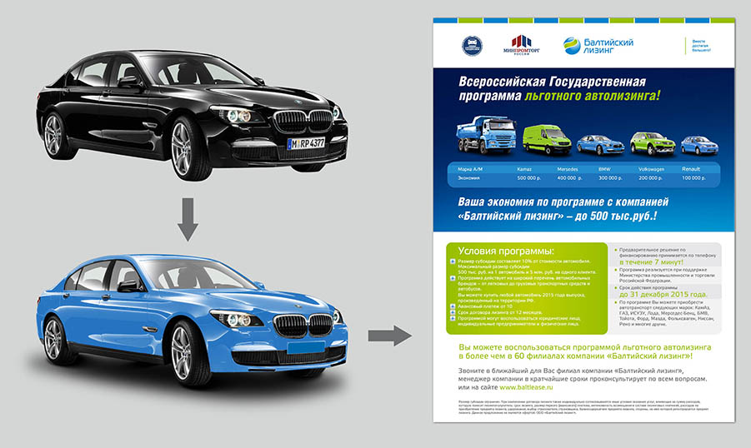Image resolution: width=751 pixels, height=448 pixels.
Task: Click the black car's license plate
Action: [306, 144]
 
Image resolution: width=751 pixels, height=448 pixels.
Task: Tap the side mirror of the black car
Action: [129, 82]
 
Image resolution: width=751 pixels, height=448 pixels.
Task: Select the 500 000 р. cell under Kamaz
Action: [529, 178]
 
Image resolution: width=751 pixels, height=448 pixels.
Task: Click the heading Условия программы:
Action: [508, 251]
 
